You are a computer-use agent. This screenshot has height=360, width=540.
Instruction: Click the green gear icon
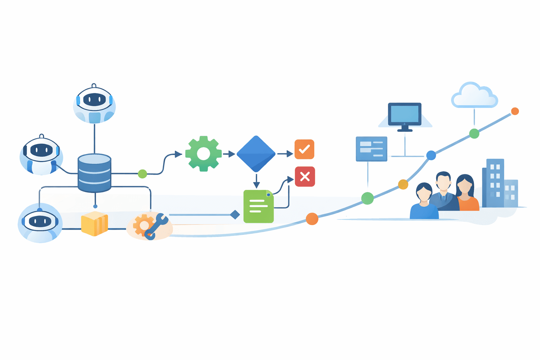[x=203, y=154]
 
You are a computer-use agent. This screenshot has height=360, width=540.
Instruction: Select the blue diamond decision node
[x=256, y=154]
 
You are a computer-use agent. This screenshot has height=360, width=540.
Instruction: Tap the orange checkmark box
[x=304, y=149]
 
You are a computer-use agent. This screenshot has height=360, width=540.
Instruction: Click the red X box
[x=305, y=176]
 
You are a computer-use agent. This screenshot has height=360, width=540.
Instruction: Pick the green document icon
[x=258, y=206]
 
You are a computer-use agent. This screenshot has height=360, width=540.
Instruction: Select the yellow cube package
[x=94, y=224]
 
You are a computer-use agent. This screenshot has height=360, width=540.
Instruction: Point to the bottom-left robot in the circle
[x=40, y=222]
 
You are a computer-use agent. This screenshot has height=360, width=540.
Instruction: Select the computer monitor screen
[x=405, y=114]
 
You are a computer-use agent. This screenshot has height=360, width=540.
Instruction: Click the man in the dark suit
[x=444, y=192]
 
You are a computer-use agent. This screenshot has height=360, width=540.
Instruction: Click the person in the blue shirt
[x=424, y=202]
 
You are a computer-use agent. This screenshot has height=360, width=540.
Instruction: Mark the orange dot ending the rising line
[x=515, y=111]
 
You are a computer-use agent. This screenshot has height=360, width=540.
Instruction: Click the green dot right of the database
[x=142, y=174]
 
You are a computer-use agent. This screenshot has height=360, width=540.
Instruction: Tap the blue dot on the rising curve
[x=431, y=155]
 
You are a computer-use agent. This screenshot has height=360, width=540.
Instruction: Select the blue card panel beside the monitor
[x=371, y=149]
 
